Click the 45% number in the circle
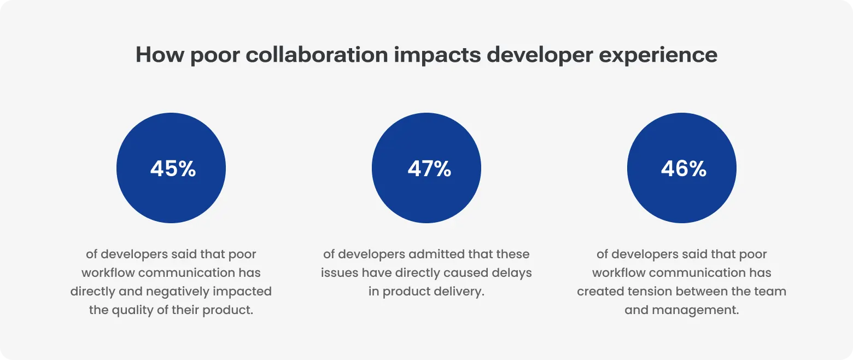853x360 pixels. [x=173, y=169]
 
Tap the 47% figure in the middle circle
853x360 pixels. [x=429, y=169]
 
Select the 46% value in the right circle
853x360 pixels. [x=683, y=169]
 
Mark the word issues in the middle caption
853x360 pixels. [x=339, y=273]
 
